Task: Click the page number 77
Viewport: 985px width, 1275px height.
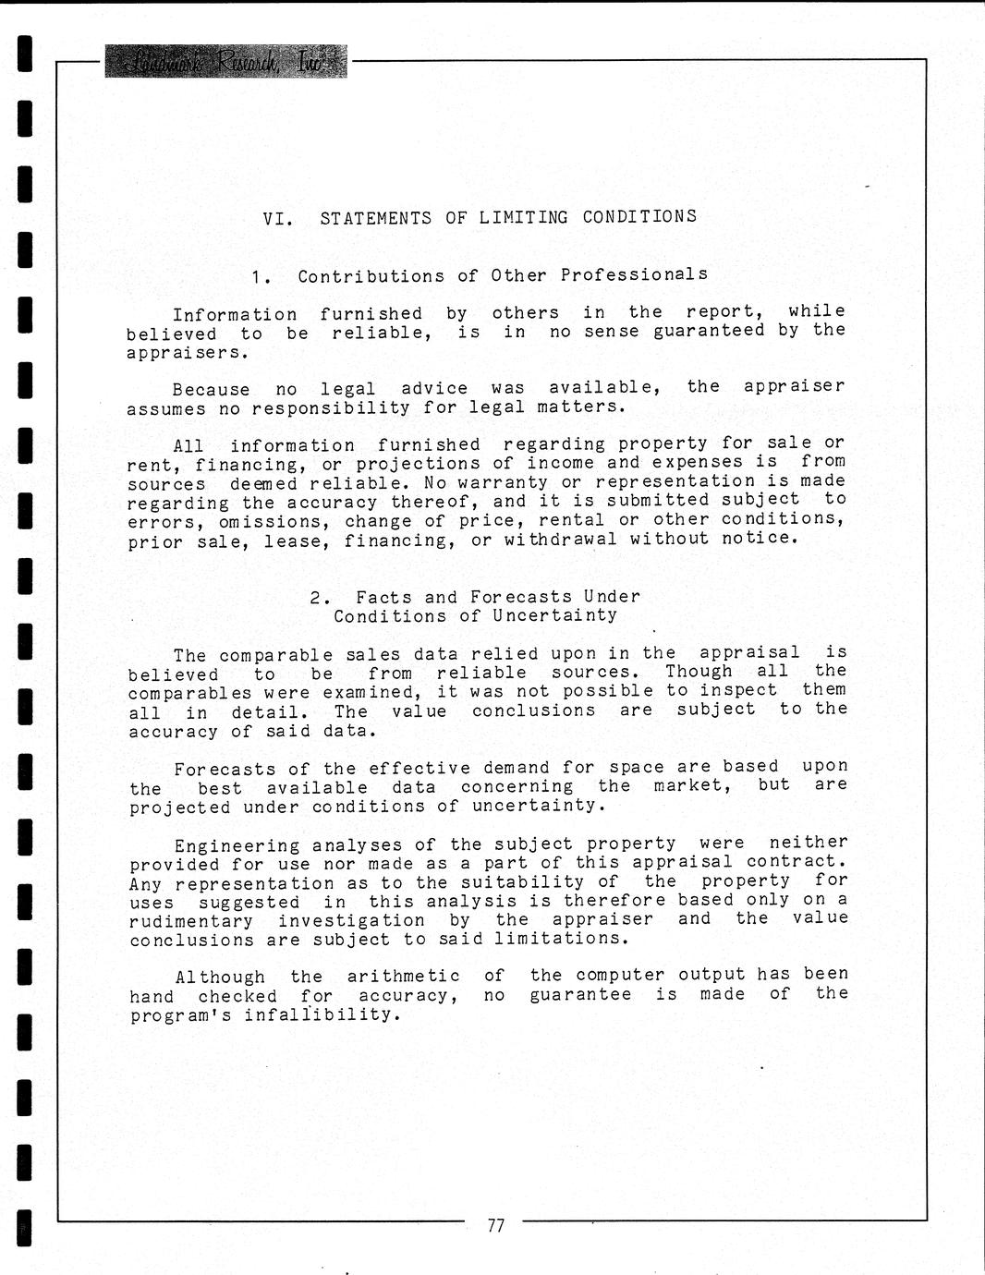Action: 496,1226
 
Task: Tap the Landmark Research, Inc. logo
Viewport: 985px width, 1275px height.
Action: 225,61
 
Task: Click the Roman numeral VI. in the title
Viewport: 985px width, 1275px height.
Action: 278,219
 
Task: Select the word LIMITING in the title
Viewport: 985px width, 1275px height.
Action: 524,218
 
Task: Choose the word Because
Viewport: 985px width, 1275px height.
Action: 211,390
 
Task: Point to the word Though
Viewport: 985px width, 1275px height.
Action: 699,672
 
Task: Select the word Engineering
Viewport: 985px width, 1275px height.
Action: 237,845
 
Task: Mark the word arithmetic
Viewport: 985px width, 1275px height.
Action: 403,977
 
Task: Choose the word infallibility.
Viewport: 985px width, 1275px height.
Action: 323,1014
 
